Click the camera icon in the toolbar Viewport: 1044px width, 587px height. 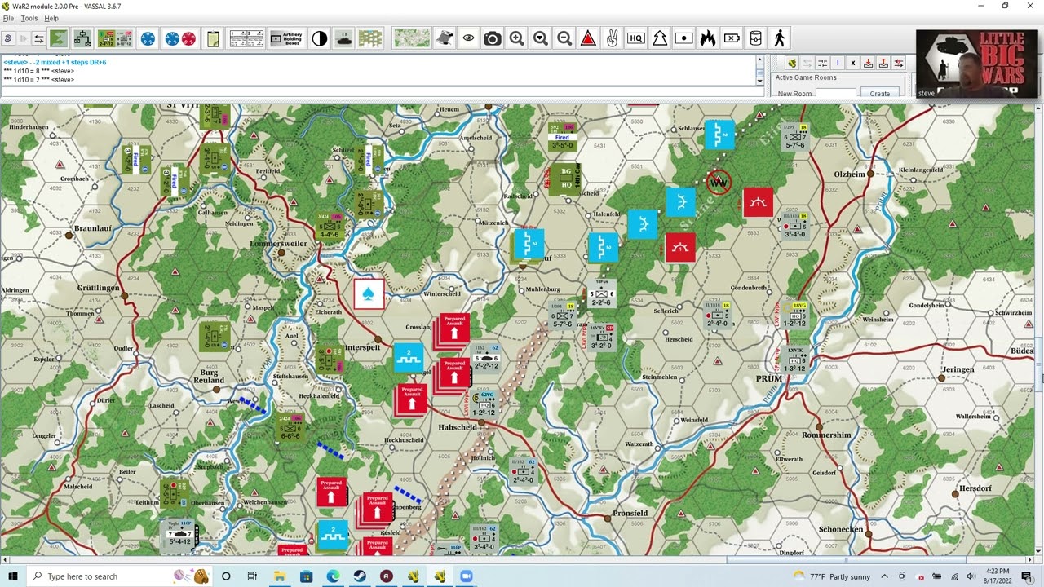point(492,38)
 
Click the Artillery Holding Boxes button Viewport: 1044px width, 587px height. point(286,38)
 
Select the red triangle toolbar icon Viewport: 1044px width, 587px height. point(588,38)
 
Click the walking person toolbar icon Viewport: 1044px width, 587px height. point(780,38)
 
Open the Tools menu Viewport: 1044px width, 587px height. point(29,18)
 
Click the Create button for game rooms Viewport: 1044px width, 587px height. point(879,94)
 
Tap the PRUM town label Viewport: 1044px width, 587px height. point(768,379)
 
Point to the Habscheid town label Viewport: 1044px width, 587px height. point(457,427)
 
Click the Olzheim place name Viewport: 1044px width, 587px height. point(849,174)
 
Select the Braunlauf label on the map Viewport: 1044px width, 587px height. point(92,229)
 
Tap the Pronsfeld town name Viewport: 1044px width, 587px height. point(630,514)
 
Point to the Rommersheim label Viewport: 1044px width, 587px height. point(826,435)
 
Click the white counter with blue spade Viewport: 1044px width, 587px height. point(369,295)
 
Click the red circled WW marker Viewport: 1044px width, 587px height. point(719,183)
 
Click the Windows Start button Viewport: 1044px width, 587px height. point(12,576)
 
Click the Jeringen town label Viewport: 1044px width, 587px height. point(958,369)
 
